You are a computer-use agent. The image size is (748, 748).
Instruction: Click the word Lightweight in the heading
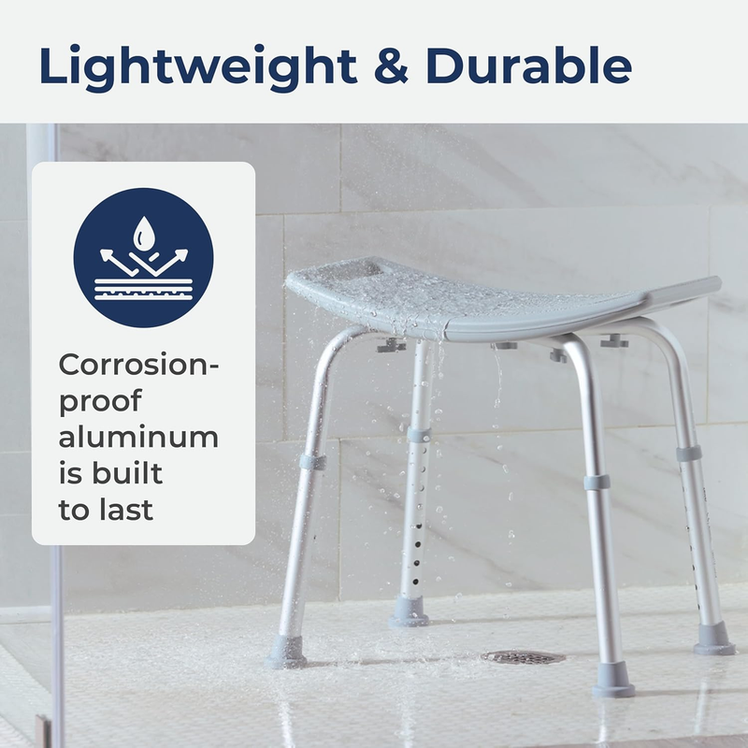click(193, 66)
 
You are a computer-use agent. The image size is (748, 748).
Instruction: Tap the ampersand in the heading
click(386, 66)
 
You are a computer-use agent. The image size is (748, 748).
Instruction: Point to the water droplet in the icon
click(144, 231)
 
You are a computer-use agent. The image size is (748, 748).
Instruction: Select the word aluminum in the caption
click(138, 437)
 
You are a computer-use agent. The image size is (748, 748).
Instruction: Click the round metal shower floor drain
click(524, 657)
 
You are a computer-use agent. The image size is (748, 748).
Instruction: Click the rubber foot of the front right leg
click(614, 680)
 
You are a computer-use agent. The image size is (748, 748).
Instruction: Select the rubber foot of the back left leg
click(410, 611)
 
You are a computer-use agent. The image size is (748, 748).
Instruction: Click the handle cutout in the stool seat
click(359, 268)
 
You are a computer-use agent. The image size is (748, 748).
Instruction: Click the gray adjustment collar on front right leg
click(596, 482)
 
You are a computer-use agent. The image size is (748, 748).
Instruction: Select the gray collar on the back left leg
click(419, 436)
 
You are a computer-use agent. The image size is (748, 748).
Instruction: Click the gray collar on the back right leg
click(689, 453)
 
